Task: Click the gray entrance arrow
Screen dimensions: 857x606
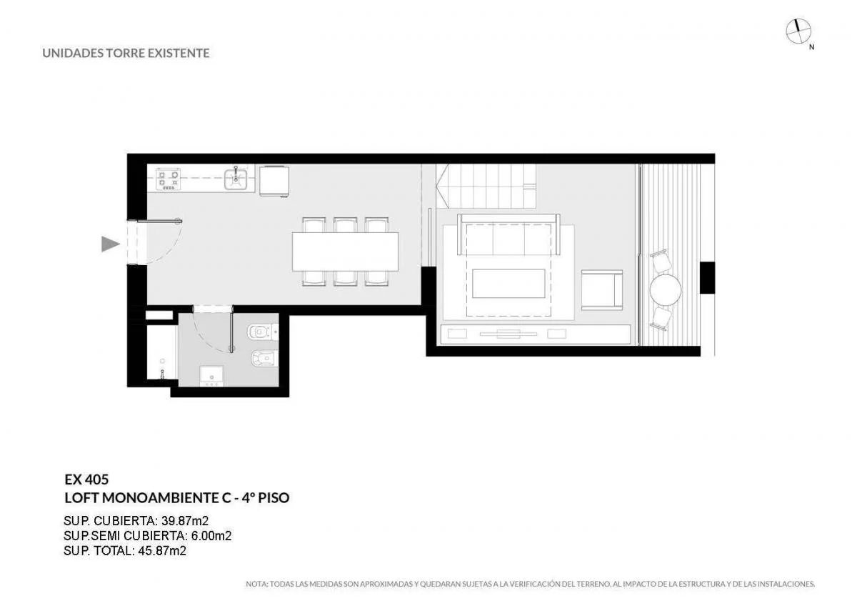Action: point(110,244)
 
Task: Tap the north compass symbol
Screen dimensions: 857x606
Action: point(798,31)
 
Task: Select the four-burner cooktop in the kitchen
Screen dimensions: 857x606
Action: point(168,179)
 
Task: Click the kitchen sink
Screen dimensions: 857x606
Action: point(236,179)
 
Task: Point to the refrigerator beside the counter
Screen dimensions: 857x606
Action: point(274,181)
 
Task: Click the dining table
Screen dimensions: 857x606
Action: point(345,252)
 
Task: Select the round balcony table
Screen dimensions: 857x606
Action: point(666,290)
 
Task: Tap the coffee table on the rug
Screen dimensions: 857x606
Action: point(508,283)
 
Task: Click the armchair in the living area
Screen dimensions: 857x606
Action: point(602,289)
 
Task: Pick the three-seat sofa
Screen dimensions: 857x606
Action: point(508,234)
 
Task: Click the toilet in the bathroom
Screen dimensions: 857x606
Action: point(264,332)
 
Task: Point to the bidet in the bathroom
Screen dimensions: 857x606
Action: point(264,359)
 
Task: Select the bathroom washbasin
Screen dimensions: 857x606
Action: point(211,376)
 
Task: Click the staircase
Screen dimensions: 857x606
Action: point(486,186)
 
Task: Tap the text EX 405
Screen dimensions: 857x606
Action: point(86,480)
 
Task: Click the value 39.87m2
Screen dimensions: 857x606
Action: point(185,521)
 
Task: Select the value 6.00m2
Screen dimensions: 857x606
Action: point(211,535)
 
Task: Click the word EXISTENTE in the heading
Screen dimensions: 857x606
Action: point(179,53)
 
